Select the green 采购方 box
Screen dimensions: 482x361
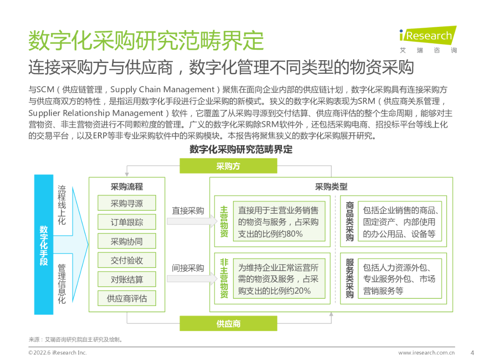pos(228,166)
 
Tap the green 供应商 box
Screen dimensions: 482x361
pos(228,323)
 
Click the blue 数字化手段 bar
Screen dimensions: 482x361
pos(44,244)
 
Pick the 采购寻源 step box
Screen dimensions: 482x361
pos(127,204)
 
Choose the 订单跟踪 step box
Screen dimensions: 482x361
pos(127,222)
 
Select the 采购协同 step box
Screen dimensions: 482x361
pos(127,242)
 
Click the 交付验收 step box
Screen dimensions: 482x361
pos(127,260)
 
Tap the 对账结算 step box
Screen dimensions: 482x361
pos(127,280)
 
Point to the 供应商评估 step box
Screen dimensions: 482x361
pos(127,298)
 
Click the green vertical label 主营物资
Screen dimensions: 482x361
pos(224,221)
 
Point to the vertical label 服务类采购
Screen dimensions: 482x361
pos(350,278)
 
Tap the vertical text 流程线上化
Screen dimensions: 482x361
pos(62,205)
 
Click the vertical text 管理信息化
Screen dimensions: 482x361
pos(62,283)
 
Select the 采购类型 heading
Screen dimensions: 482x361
pos(331,187)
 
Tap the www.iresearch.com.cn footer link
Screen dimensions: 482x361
pos(426,353)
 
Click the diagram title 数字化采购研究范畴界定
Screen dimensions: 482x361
pos(241,149)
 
